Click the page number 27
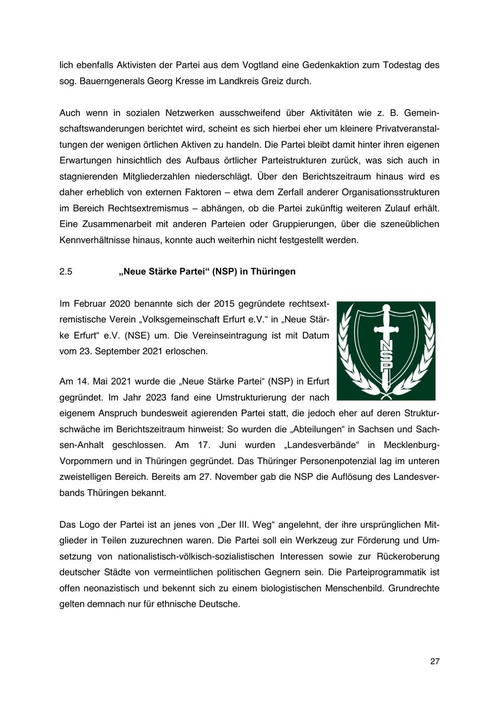(x=434, y=661)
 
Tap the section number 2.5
(x=66, y=271)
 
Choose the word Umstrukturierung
(x=252, y=397)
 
